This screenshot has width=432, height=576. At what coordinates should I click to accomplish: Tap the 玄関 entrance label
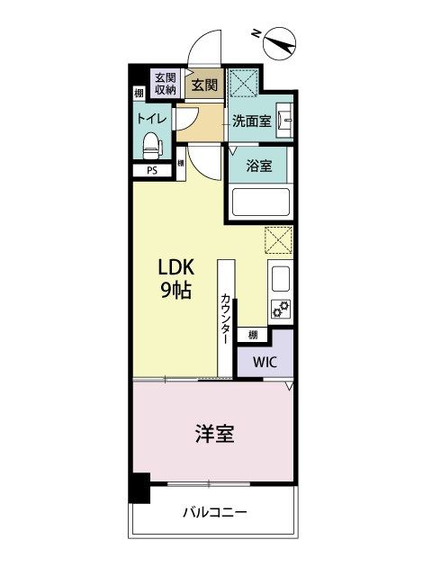(204, 85)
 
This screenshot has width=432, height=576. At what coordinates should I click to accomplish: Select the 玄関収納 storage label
(164, 83)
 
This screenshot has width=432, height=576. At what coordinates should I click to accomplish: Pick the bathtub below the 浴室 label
(259, 202)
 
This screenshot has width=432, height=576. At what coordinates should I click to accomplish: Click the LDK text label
(176, 269)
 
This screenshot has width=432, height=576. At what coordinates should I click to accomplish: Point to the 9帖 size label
(176, 292)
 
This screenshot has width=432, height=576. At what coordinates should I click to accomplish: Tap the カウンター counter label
(224, 316)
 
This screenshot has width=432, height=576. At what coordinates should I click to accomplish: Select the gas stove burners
(281, 309)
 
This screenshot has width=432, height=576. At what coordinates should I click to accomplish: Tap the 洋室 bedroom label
(214, 434)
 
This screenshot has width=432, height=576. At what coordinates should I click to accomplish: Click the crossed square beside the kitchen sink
(278, 240)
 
